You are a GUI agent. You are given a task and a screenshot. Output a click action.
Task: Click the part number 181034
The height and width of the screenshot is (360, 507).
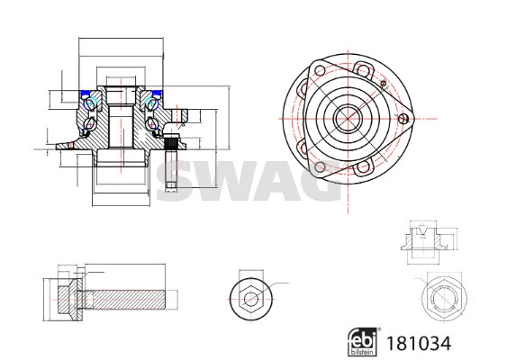(419, 344)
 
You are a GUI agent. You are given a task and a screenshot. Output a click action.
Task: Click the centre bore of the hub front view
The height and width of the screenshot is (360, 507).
(346, 117)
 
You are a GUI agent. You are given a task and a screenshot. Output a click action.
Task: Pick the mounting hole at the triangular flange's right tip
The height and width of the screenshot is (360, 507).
(404, 117)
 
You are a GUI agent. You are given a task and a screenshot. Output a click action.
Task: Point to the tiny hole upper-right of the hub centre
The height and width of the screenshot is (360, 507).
(384, 85)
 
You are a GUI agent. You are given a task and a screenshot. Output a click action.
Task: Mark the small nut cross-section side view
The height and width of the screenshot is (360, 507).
(422, 236)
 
